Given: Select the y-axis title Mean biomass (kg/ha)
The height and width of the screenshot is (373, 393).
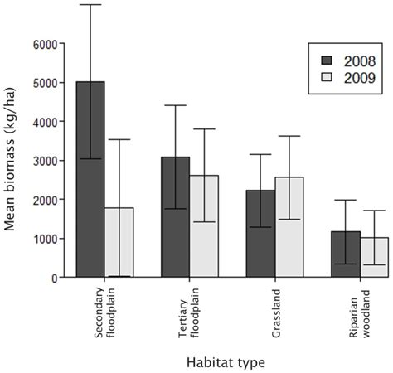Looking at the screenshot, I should (13, 160).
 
